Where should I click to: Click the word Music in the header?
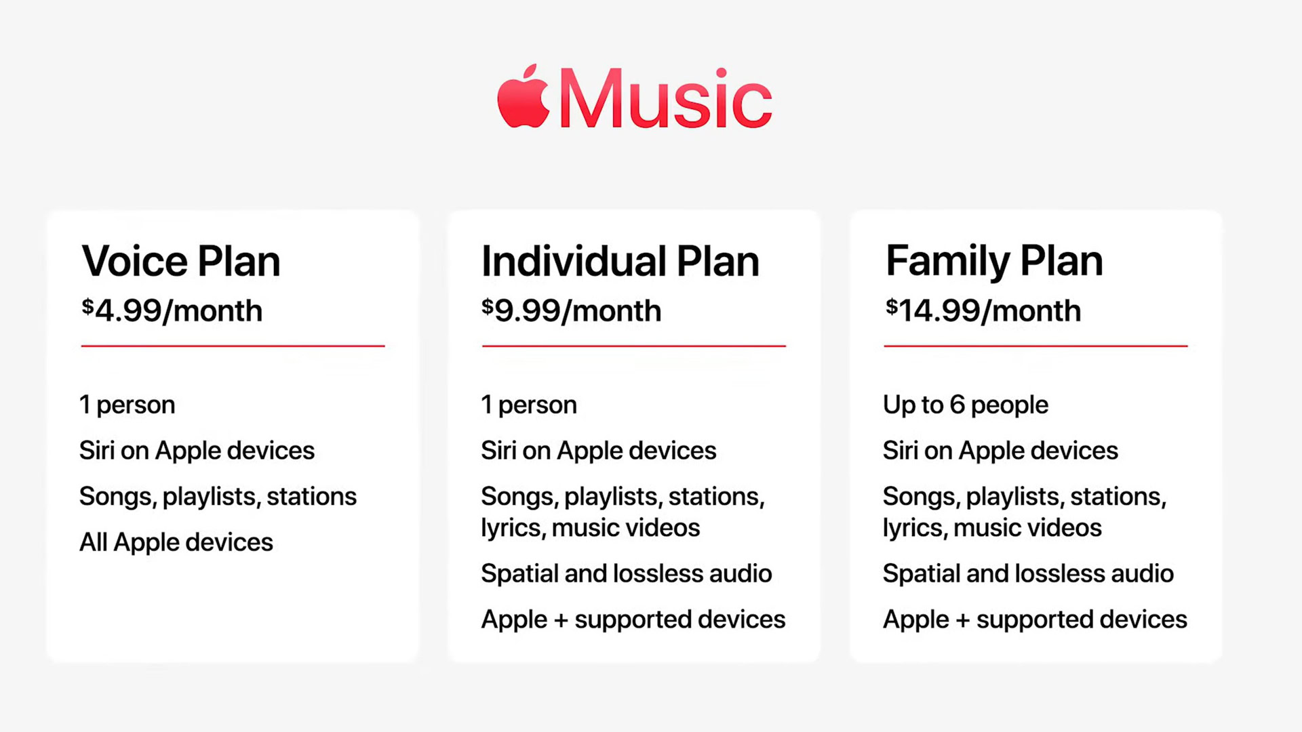[665, 98]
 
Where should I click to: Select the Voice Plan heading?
[181, 262]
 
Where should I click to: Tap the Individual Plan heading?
[620, 262]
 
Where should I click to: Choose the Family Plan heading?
[994, 262]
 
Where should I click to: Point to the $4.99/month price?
[172, 310]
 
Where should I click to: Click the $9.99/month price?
[572, 310]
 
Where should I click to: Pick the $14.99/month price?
[983, 310]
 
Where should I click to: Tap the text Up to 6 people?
[966, 405]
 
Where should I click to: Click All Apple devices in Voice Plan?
[176, 542]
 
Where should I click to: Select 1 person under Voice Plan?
[127, 405]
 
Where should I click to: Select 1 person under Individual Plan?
[529, 405]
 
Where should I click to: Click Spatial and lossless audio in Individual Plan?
[627, 573]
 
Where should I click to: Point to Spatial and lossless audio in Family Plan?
[1028, 573]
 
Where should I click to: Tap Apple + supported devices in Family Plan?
[1035, 619]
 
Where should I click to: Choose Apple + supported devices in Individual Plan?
[633, 619]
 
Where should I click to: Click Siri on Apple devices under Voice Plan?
[197, 451]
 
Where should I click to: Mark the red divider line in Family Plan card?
[1035, 346]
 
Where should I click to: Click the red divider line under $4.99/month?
[233, 346]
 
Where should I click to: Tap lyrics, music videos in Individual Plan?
[591, 528]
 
